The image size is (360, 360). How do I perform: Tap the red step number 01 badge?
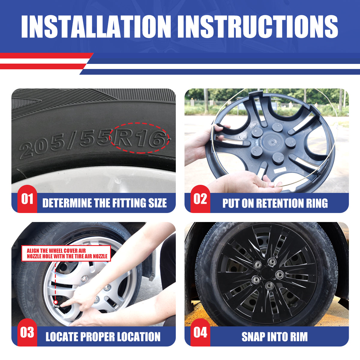(x=27, y=199)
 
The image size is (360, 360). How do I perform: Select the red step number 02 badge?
(x=200, y=199)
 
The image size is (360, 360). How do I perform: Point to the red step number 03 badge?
(x=27, y=332)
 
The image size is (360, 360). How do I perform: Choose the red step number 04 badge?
(x=200, y=332)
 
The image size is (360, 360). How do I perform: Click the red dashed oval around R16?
(x=140, y=138)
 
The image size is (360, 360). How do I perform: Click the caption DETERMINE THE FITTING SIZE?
(x=104, y=203)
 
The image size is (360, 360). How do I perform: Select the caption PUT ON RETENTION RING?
(x=275, y=203)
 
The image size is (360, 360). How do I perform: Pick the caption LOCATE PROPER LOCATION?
(x=103, y=337)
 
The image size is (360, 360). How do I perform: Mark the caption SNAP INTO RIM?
(x=274, y=337)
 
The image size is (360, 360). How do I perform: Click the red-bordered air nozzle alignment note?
(x=67, y=253)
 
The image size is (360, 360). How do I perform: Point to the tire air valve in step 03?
(x=56, y=302)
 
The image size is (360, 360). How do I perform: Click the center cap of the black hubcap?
(x=266, y=274)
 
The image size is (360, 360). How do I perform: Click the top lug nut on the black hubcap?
(x=272, y=261)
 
